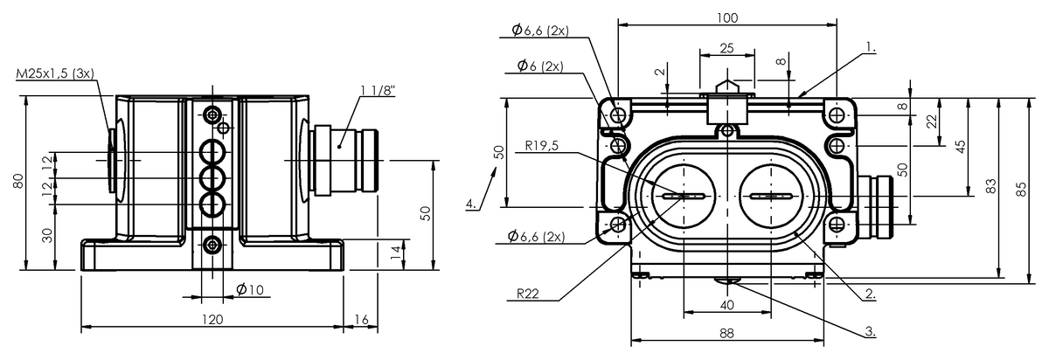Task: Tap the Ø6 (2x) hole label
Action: coord(539,66)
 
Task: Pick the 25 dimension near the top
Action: coord(726,48)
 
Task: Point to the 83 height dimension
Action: coord(991,186)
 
